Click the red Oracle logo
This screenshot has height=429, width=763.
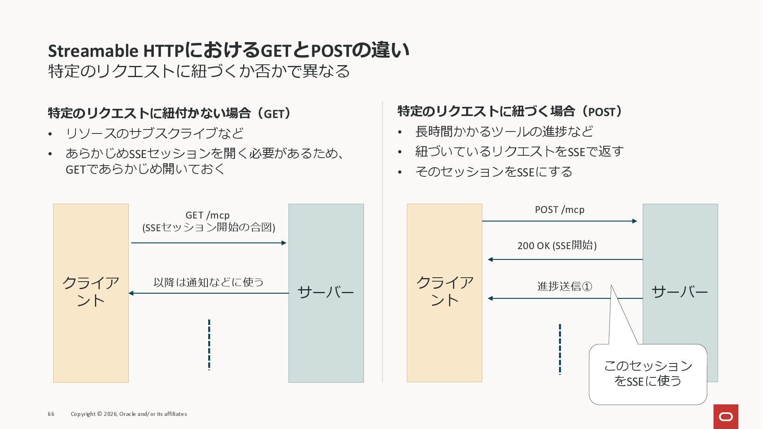(726, 416)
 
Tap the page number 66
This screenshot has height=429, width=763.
(51, 414)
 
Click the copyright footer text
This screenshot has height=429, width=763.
(129, 414)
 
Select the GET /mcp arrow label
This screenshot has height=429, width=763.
(208, 221)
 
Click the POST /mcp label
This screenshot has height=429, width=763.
(560, 210)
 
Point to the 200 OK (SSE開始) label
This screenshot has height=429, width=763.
(557, 245)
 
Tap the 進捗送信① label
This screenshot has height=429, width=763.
(564, 286)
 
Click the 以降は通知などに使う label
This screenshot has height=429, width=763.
(209, 282)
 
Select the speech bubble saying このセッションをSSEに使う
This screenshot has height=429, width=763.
(648, 374)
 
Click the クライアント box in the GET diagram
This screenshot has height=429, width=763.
(91, 293)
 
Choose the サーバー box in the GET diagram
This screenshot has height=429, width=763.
(326, 293)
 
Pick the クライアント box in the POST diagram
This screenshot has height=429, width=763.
(444, 293)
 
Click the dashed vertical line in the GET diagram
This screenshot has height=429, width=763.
(209, 344)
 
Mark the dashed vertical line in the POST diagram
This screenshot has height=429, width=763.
(560, 349)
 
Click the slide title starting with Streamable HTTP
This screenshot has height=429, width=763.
(229, 50)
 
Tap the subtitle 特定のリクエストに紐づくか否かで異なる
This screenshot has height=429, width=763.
(199, 71)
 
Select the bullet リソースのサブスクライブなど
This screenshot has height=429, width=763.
(154, 133)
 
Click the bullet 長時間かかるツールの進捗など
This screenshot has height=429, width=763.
(504, 131)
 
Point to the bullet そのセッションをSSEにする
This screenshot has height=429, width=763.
(494, 172)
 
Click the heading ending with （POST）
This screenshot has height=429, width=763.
(511, 112)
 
